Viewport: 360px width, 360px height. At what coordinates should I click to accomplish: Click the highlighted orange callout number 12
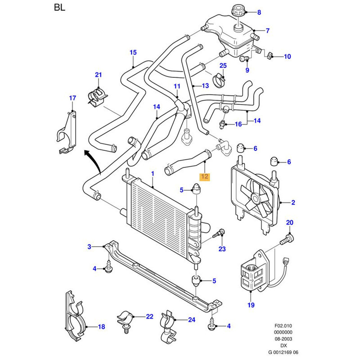tap(205, 176)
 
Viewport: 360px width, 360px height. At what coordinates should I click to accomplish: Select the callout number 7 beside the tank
tap(267, 31)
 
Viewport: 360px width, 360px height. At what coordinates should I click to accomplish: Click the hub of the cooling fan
tap(255, 198)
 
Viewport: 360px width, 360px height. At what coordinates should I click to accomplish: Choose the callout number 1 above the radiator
tap(153, 174)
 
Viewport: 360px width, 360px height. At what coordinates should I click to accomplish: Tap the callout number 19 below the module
tap(251, 305)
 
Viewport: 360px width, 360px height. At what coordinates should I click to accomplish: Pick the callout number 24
tap(192, 319)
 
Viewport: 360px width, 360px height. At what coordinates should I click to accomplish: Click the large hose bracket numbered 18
tap(75, 316)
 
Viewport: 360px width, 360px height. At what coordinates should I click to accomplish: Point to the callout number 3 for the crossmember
tap(89, 247)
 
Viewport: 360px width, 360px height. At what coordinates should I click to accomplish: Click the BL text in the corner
tap(60, 7)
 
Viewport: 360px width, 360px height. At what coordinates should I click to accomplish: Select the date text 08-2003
tap(283, 339)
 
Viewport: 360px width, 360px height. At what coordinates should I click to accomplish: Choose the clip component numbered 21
tap(98, 97)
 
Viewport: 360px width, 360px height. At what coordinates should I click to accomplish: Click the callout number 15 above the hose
tap(133, 52)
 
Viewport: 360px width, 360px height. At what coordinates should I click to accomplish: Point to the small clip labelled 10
tap(270, 55)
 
